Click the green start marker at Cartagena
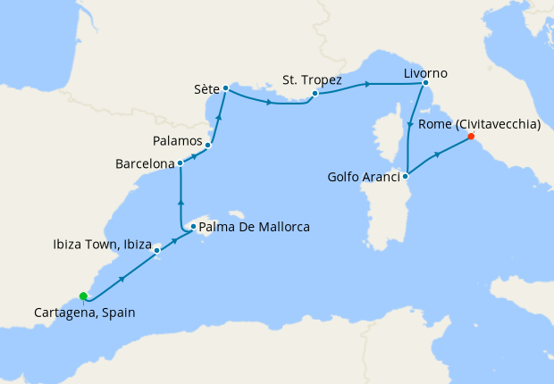[x=83, y=296]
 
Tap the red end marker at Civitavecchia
[x=470, y=138]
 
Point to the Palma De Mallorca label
[x=255, y=228]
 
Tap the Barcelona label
[x=144, y=164]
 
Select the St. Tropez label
[x=313, y=79]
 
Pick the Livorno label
[x=425, y=72]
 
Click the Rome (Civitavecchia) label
[x=480, y=125]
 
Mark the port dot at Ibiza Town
[x=157, y=250]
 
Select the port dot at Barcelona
[x=180, y=163]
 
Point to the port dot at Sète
[x=225, y=88]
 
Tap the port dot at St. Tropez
[x=315, y=93]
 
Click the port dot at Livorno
[x=425, y=86]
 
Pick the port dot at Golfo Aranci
[x=407, y=176]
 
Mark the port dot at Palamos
[x=208, y=145]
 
